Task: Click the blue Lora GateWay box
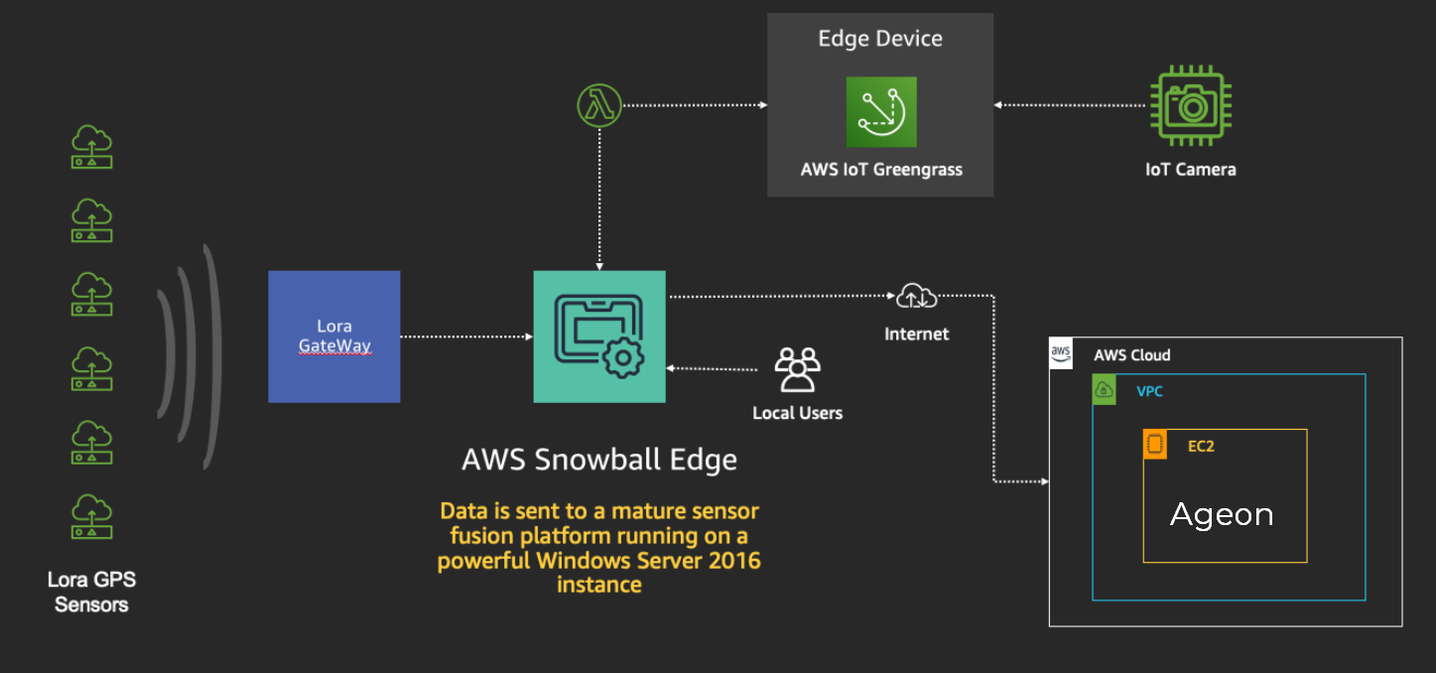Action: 333,336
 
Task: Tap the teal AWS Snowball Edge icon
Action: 599,336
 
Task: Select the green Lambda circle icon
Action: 599,105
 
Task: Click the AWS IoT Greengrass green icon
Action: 881,112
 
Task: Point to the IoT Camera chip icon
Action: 1190,105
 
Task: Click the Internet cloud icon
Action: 916,296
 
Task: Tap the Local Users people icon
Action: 797,369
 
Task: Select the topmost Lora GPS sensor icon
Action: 91,147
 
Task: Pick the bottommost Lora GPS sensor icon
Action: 91,516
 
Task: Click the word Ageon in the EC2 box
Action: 1222,514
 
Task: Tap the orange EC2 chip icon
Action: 1154,445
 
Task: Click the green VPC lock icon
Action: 1104,390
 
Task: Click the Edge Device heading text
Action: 880,39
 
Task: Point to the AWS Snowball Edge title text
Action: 599,460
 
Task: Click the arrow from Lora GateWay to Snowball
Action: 466,336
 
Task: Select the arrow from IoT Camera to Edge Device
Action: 1072,105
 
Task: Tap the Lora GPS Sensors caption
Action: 91,592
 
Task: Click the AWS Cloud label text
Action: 1132,355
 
